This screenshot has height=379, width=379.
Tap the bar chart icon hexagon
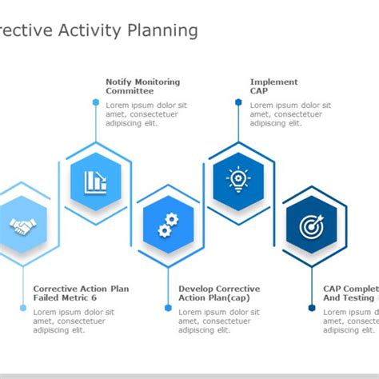95,181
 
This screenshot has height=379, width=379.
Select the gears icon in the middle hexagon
168,225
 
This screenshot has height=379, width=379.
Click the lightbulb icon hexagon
238,180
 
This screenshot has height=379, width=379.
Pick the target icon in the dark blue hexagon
313,226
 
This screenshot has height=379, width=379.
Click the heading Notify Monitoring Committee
142,86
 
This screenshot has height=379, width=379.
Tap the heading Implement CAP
273,86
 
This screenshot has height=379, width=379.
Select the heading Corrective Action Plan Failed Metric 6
81,293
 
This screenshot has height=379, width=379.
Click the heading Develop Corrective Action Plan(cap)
218,293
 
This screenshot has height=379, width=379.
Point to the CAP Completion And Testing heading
350,293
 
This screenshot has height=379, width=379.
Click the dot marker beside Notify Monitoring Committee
95,102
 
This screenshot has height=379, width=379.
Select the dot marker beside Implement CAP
238,102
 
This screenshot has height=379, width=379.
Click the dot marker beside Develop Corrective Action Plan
168,307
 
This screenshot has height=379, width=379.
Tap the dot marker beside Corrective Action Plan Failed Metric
22,307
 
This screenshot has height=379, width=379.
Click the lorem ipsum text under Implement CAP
289,114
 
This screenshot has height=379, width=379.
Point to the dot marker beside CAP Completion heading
312,307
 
